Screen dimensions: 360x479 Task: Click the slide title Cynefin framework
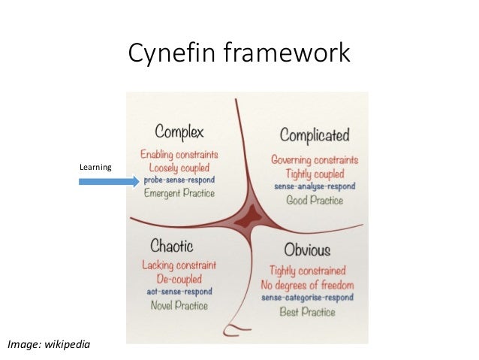click(239, 53)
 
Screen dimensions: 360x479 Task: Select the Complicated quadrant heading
click(314, 135)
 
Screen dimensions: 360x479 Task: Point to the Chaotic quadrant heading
click(172, 247)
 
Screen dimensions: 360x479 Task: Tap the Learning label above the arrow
click(95, 166)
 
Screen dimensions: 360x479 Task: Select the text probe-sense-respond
click(179, 180)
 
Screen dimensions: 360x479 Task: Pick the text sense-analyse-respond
click(315, 186)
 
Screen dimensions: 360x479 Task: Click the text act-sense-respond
click(179, 292)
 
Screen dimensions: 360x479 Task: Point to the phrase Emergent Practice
click(179, 193)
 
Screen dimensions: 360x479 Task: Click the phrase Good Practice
click(315, 200)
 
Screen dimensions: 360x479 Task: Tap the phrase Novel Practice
click(179, 306)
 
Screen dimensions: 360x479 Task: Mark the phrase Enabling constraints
click(179, 155)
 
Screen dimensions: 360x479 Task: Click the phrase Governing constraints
click(315, 160)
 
